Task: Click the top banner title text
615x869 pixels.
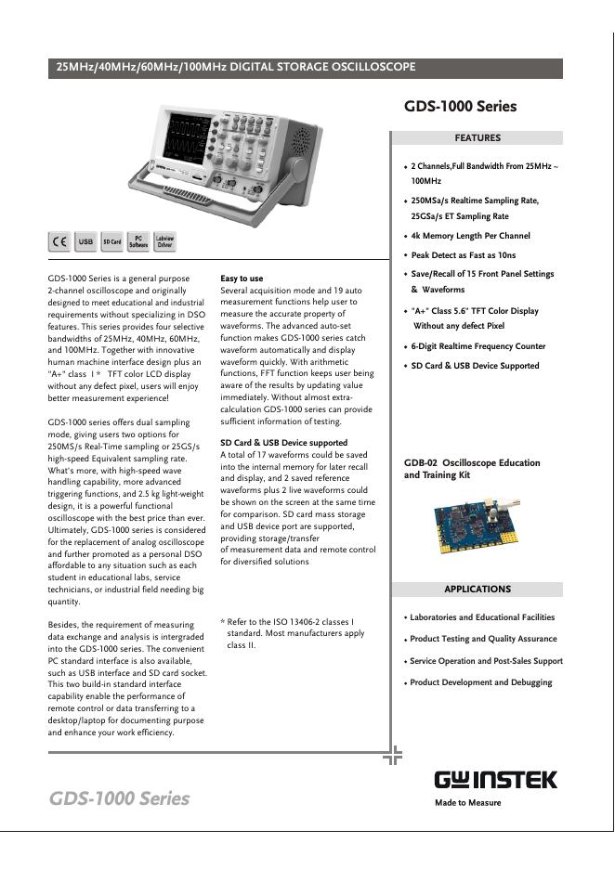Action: (237, 68)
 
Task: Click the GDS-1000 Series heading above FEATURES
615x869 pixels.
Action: (460, 107)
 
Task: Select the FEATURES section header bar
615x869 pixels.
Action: (478, 138)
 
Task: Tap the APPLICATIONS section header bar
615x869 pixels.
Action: (478, 590)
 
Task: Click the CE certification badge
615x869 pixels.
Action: (59, 241)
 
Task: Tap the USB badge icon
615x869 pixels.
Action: (85, 241)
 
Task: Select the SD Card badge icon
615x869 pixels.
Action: (111, 241)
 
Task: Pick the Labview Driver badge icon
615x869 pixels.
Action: (164, 241)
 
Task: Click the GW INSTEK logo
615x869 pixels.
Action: (495, 780)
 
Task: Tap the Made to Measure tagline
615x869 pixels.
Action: (468, 803)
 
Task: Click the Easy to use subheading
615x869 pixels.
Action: (242, 279)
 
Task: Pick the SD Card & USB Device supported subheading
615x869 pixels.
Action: (283, 443)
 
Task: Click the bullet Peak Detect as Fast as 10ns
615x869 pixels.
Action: (464, 255)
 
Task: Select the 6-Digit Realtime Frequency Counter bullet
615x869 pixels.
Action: (478, 346)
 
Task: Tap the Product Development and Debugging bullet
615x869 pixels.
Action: (481, 682)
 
